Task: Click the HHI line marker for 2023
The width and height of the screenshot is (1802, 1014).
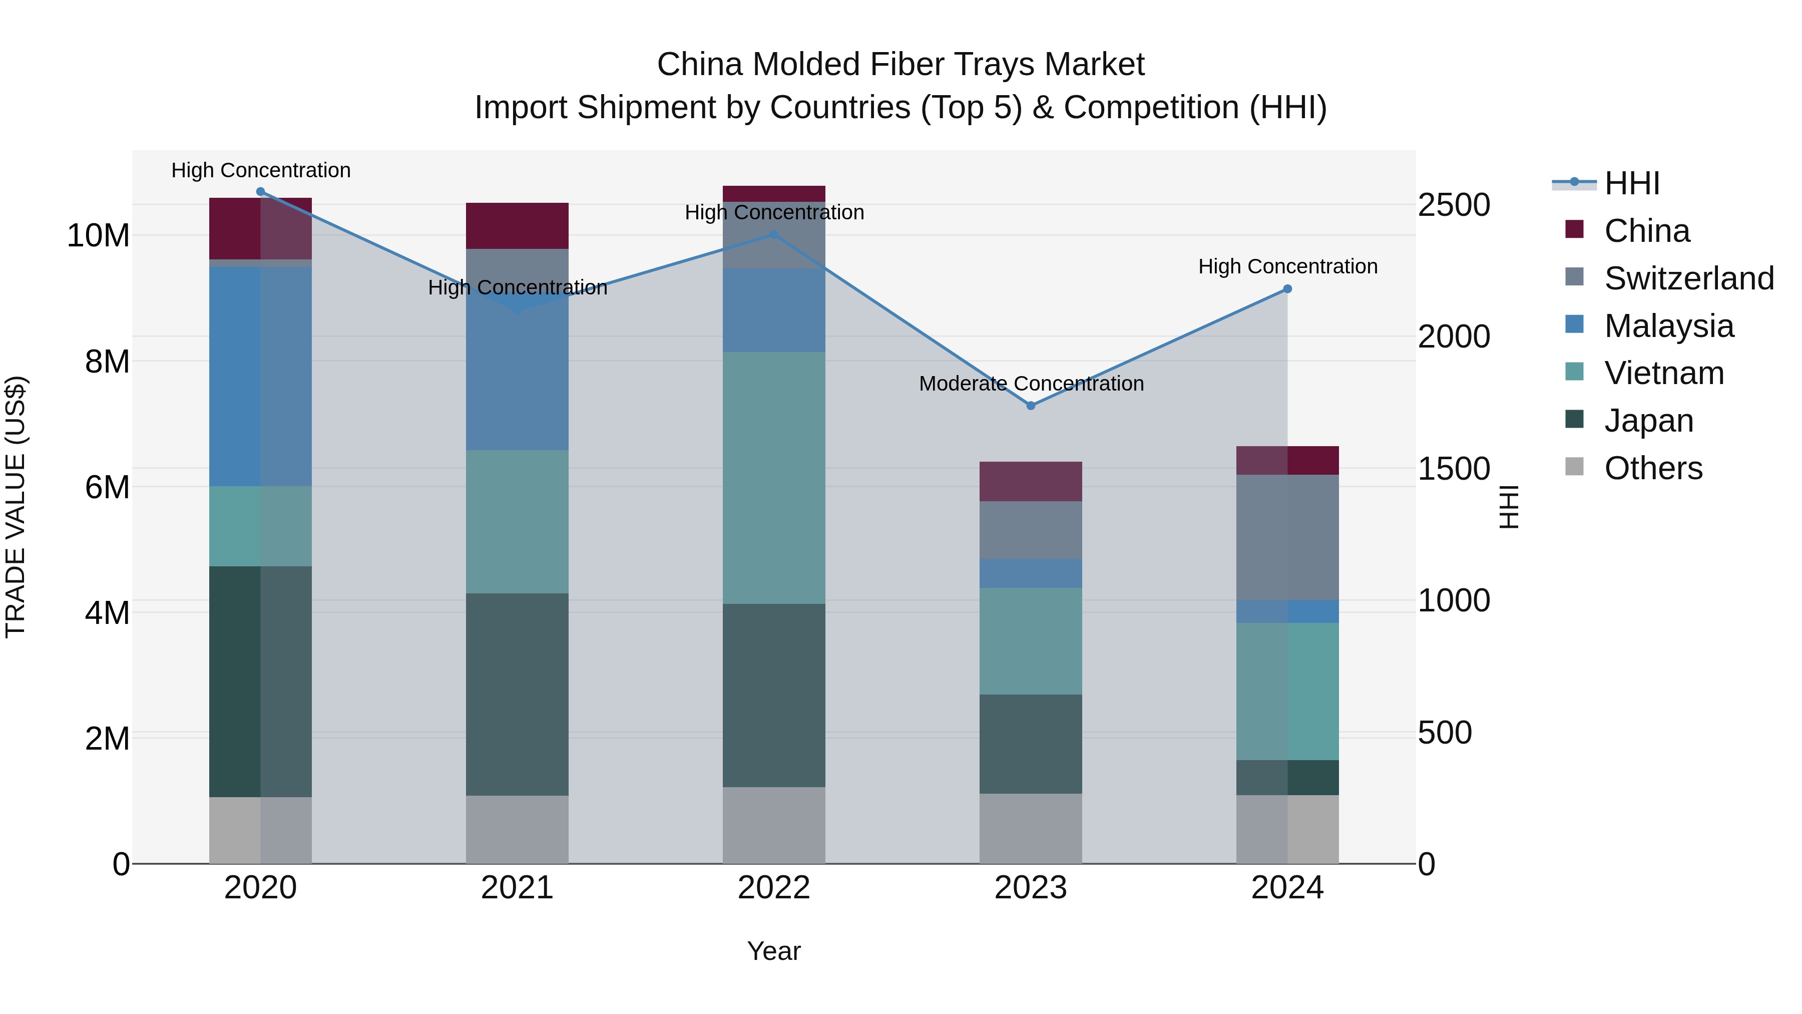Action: pos(1031,406)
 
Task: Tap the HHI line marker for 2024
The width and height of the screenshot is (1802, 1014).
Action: pos(1287,289)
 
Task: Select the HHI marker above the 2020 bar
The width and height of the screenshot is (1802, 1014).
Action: pos(260,192)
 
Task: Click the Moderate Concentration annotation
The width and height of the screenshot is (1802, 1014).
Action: pos(1031,384)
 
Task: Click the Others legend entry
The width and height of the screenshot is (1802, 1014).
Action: pos(1652,468)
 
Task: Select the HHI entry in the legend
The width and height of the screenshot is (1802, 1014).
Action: pos(1631,183)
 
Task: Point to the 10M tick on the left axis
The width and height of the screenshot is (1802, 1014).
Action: pos(98,236)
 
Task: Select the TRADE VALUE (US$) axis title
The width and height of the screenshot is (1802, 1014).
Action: pos(16,507)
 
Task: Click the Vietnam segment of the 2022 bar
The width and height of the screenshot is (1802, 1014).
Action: pos(774,478)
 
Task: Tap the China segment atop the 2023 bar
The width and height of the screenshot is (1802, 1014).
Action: pos(1031,481)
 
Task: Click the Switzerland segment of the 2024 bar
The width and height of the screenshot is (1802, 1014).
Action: pos(1287,537)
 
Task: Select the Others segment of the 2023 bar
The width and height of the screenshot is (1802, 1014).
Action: pos(1031,829)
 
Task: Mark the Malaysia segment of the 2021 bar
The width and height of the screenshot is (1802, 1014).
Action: pos(517,371)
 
